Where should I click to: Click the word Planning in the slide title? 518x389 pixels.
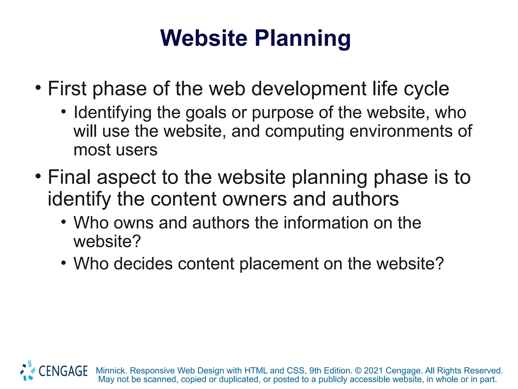point(303,38)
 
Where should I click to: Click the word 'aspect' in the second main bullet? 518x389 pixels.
point(126,178)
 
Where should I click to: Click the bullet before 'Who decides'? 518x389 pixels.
point(63,263)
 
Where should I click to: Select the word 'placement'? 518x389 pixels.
point(279,264)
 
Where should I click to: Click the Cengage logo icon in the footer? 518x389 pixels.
point(28,371)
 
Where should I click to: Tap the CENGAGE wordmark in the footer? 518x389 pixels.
point(63,371)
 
